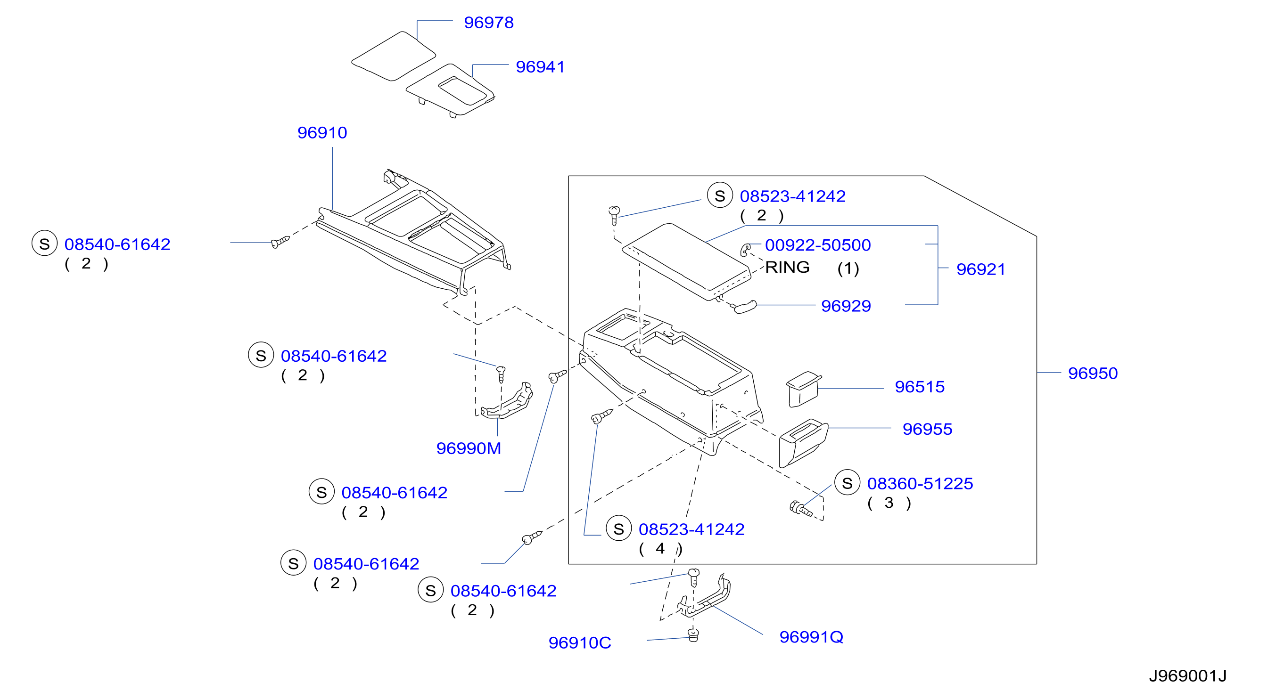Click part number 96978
(488, 23)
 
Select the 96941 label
(540, 67)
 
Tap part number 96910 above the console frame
(322, 133)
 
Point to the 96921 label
(981, 269)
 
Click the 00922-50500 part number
(818, 245)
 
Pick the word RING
(787, 268)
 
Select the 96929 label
(846, 306)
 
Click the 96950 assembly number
(1093, 373)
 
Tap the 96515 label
(920, 387)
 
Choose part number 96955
(927, 429)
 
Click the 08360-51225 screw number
(920, 484)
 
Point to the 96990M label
(469, 448)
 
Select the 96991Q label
(811, 637)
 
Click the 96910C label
(579, 643)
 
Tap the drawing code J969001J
(1187, 676)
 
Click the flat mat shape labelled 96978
(394, 56)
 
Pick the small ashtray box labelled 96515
(803, 389)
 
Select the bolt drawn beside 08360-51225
(799, 508)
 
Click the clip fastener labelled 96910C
(693, 634)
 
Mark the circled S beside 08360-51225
(847, 483)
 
